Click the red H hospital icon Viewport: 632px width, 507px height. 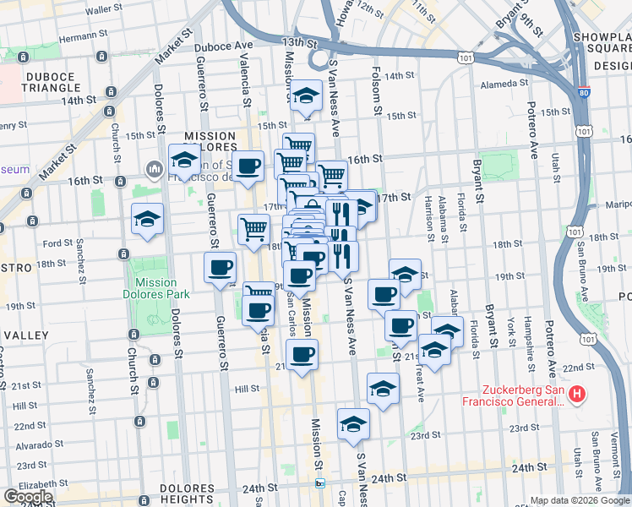pos(578,394)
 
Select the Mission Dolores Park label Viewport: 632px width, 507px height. pos(155,288)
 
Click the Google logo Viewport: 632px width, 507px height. pos(28,497)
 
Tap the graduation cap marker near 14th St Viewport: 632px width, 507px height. pos(305,95)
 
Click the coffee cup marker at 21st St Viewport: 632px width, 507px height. pos(302,354)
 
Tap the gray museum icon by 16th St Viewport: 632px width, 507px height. pos(153,170)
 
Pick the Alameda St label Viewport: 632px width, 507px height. pos(504,84)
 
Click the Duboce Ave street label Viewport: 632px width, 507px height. pos(223,46)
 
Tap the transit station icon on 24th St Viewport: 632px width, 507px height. pos(319,483)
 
